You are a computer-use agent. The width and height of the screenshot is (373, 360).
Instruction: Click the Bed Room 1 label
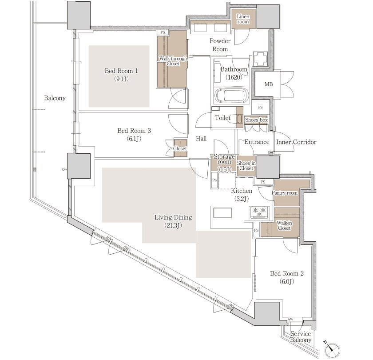coord(121,71)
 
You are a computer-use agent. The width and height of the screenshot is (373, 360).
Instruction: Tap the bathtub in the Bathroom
coord(231,95)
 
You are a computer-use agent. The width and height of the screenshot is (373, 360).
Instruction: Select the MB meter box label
coord(269,84)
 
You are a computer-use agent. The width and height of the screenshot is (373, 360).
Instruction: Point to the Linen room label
coord(243,19)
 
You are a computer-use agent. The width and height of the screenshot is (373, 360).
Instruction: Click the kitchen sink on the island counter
coord(222,213)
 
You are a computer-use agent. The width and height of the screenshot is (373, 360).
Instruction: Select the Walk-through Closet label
coord(173,61)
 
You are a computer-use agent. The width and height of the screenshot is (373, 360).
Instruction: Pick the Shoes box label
coord(257,120)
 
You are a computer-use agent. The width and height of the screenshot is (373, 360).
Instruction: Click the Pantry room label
coord(285,193)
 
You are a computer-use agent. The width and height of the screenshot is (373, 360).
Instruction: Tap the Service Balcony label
coord(301,337)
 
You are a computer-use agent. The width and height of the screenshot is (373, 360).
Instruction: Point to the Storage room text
coord(224,159)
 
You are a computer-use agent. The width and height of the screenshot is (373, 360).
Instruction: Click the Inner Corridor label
coord(296,142)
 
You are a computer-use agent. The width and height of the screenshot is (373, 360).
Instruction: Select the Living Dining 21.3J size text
coord(173,225)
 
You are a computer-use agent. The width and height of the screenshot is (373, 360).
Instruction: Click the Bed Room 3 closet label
coord(180,148)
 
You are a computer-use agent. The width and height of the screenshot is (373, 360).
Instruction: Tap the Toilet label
coord(222,118)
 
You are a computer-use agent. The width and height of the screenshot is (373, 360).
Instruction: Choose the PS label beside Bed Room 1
coord(163,32)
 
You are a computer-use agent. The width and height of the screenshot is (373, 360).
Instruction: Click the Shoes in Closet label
coord(246,166)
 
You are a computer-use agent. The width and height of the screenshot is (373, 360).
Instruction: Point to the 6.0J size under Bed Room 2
coord(287,282)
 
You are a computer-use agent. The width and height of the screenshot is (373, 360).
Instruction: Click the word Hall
coord(201,139)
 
